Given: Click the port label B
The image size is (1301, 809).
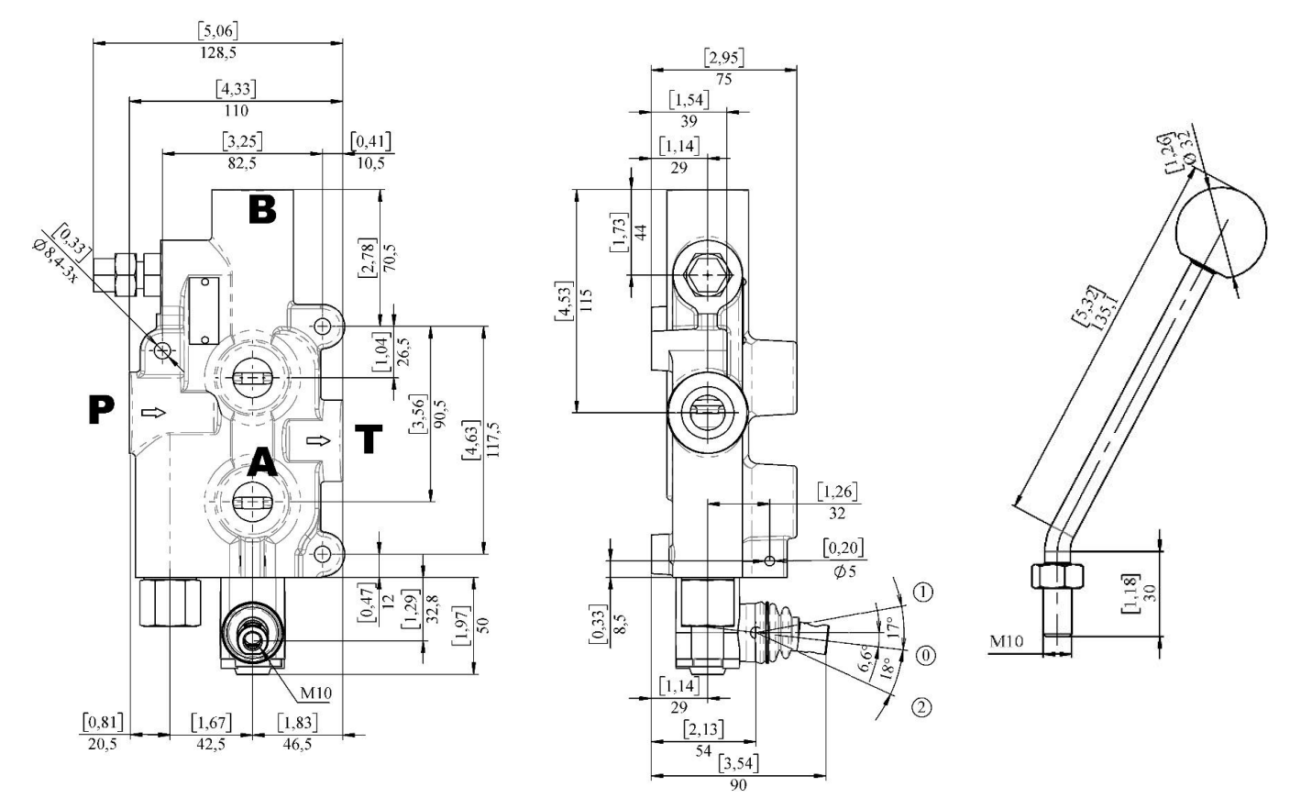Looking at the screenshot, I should point(262,209).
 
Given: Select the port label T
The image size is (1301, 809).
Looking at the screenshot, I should point(369,440).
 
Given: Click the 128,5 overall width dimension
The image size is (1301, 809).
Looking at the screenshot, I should point(218,52).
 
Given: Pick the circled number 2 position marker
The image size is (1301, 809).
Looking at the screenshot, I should point(921,707).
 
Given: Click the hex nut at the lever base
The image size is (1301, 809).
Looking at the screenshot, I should point(1058,576).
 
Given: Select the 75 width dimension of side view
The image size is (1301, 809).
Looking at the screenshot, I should point(723,79).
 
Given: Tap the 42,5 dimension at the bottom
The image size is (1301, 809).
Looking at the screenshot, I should point(211,744).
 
